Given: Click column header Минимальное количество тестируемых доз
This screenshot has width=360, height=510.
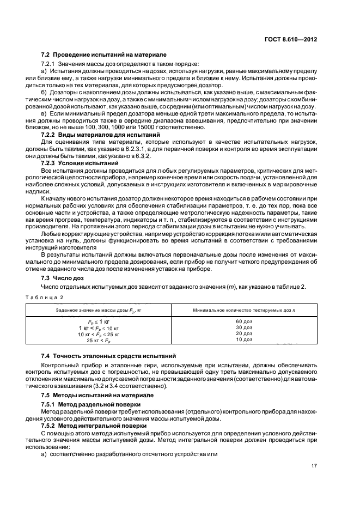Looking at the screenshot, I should point(244,309).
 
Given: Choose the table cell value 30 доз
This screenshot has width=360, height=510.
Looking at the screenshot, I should point(244,327).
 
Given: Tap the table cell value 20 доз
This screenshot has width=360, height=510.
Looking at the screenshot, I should point(244,333).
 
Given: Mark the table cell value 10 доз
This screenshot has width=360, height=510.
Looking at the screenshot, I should point(244,339).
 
